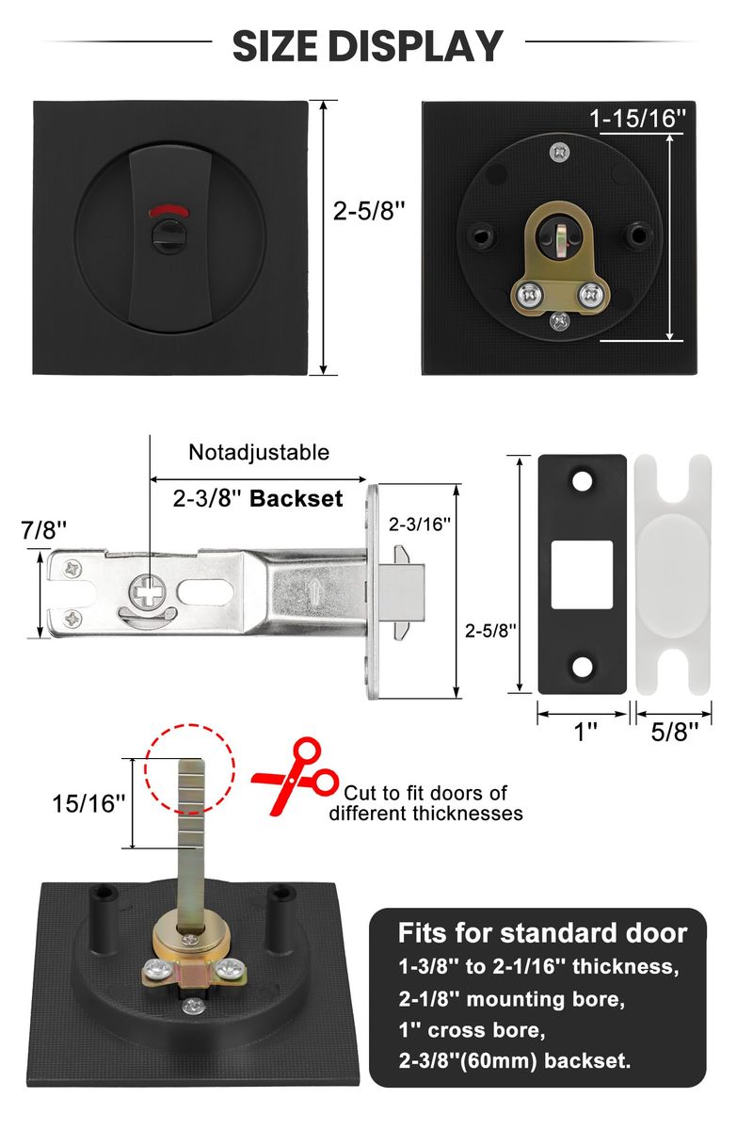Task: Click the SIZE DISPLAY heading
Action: pyautogui.click(x=368, y=44)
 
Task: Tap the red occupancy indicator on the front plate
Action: pyautogui.click(x=170, y=209)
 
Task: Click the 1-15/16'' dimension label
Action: pyautogui.click(x=638, y=118)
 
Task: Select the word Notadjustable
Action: pyautogui.click(x=259, y=452)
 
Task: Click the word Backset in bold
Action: pyautogui.click(x=296, y=499)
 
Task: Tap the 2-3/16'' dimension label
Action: pyautogui.click(x=421, y=521)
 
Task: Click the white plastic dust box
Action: pyautogui.click(x=673, y=574)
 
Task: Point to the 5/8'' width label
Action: pyautogui.click(x=674, y=732)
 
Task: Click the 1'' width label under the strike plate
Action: pyautogui.click(x=585, y=732)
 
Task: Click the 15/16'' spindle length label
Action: pyautogui.click(x=88, y=803)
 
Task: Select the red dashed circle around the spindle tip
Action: pyautogui.click(x=189, y=765)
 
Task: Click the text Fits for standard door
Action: pyautogui.click(x=542, y=933)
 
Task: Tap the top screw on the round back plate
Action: pyautogui.click(x=559, y=149)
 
